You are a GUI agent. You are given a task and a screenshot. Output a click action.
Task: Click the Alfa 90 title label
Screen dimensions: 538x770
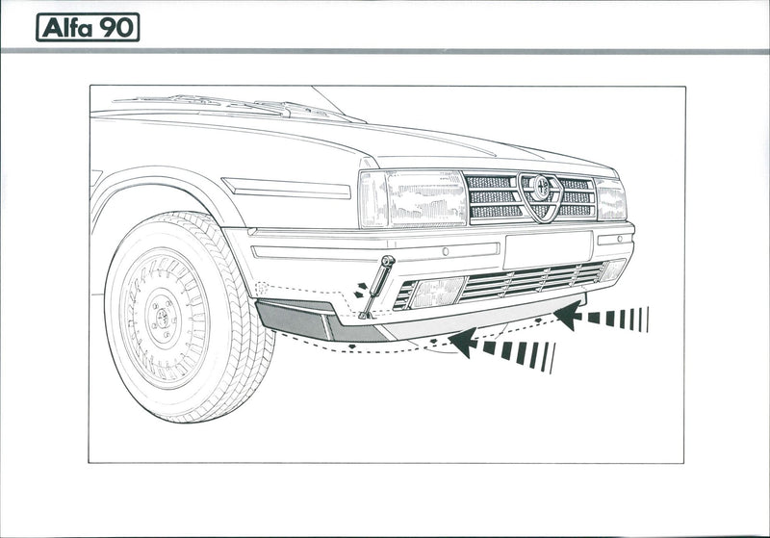point(88,27)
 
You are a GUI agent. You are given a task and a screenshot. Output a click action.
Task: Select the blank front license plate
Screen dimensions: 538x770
point(547,249)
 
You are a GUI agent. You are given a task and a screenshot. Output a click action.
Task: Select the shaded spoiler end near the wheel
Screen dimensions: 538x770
point(294,319)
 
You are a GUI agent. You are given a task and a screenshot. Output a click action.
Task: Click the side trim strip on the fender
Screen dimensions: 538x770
point(288,189)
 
